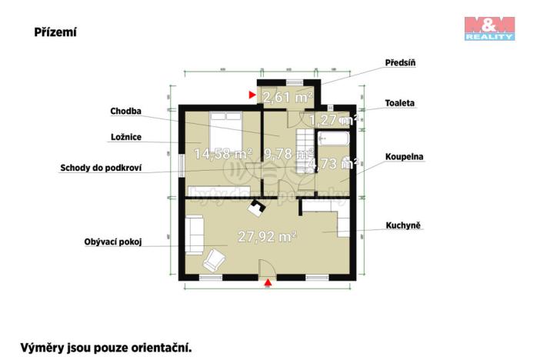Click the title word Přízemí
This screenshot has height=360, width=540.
click(55, 32)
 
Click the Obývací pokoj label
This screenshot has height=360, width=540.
click(113, 242)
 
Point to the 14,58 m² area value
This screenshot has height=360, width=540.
click(222, 154)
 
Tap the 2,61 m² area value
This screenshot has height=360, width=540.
click(287, 97)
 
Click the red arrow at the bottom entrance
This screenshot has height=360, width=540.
click(268, 284)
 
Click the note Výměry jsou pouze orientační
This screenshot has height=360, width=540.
click(105, 347)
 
